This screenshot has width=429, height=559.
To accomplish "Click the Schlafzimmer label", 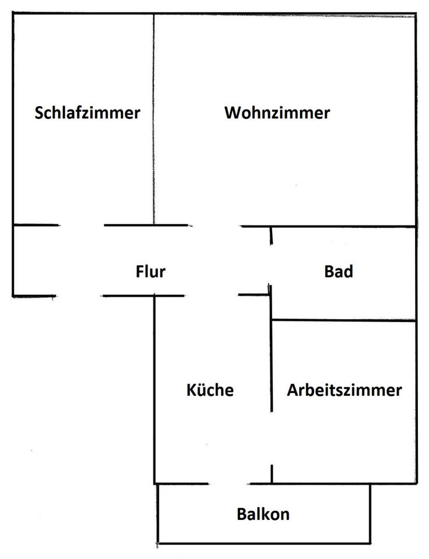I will tap(87, 112).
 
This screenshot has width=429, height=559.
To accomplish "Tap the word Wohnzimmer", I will tap(277, 112).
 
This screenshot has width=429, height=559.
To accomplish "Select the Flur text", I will tap(150, 271).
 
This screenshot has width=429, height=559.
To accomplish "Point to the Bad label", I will tap(339, 271).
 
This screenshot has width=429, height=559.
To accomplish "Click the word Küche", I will tap(210, 390).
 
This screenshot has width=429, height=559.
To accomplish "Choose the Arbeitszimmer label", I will tap(344, 390).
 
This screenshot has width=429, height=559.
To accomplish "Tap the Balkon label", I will tap(263, 514).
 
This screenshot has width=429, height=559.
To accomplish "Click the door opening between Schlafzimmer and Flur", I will tap(82, 225).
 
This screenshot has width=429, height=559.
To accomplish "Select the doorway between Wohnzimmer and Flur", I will tap(215, 225).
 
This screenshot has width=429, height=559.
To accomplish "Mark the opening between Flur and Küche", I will tap(211, 295).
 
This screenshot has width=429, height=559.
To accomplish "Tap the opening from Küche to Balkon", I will tap(228, 483).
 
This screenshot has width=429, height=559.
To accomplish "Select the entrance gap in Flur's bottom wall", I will tap(78, 296).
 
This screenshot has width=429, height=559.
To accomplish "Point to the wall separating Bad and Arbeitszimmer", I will tap(344, 320).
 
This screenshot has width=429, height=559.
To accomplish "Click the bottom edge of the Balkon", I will tap(263, 543).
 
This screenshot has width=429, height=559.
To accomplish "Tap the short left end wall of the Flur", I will tap(13, 260).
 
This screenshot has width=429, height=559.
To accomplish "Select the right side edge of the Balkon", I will tap(370, 513).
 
